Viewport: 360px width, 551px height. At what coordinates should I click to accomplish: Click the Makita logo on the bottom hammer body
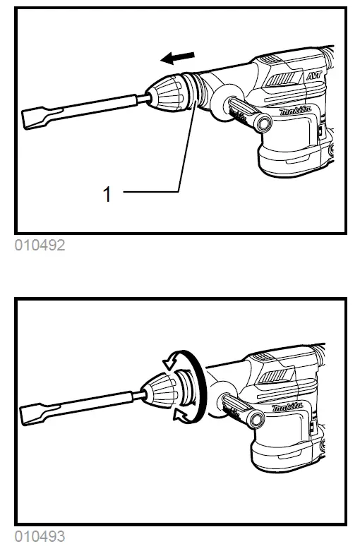click(289, 407)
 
